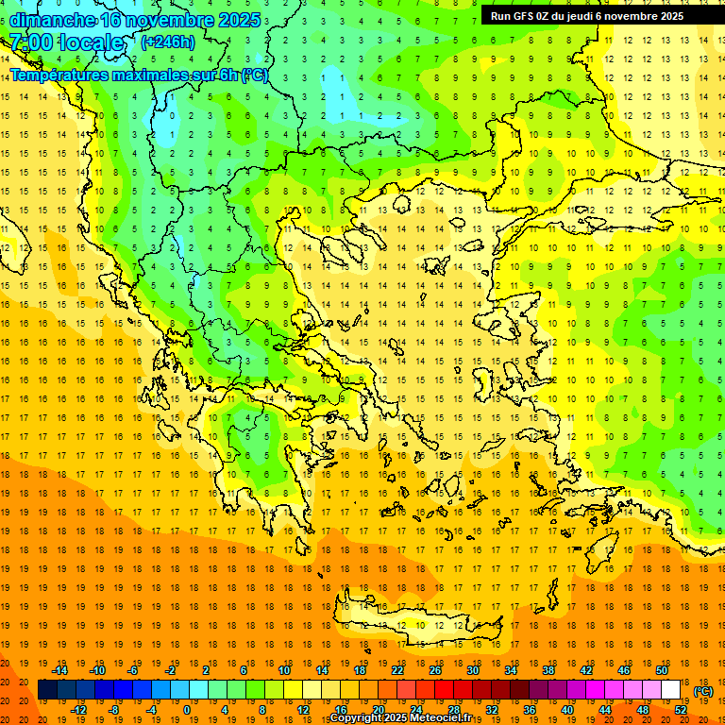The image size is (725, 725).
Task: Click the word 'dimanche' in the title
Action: click(53, 20)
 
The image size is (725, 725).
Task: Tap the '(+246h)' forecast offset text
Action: click(168, 42)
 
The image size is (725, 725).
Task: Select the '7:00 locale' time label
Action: click(66, 42)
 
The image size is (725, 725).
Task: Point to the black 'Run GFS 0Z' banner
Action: click(595, 16)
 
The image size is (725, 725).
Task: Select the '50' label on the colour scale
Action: click(662, 670)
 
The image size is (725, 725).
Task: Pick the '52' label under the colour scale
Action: click(681, 710)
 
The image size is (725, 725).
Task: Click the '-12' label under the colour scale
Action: click(78, 710)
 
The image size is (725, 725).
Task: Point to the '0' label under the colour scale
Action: click(187, 710)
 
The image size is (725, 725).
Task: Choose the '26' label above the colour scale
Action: click(435, 670)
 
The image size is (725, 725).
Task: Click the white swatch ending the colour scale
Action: click(671, 690)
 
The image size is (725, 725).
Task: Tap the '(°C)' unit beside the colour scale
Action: click(703, 691)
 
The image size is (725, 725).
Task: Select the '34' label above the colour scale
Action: click(511, 670)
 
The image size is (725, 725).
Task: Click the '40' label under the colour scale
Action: click(567, 710)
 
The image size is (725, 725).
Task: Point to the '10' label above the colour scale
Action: click(284, 670)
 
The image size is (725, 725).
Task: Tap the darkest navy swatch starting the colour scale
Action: click(47, 690)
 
